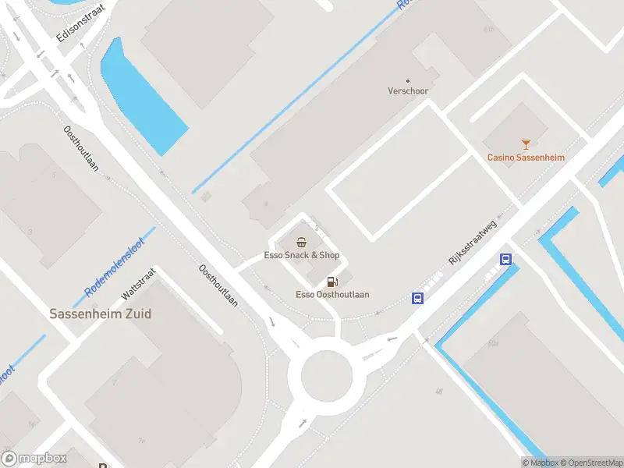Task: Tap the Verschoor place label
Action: point(408,91)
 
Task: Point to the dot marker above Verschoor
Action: point(408,80)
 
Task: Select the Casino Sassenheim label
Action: point(526,157)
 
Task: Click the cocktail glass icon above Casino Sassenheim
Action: point(526,144)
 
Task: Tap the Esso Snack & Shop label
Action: point(301,255)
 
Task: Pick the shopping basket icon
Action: point(301,243)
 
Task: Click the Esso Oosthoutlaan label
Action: point(332,295)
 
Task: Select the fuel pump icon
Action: point(332,282)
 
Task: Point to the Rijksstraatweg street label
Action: point(473,243)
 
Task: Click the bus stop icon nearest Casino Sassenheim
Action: point(505,260)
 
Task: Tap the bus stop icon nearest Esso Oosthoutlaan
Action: point(418,297)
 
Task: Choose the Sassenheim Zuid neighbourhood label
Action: point(100,314)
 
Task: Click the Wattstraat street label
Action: point(139,285)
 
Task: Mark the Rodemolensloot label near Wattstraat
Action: point(115,268)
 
